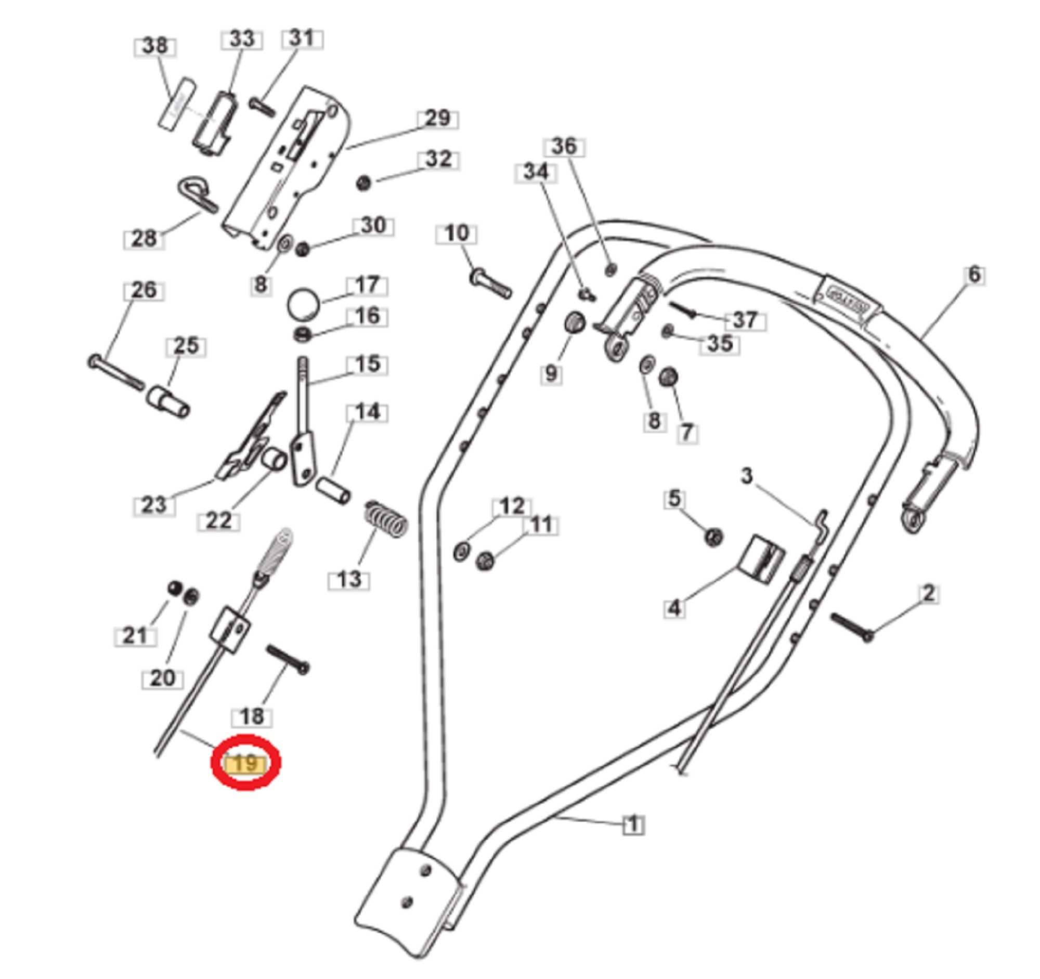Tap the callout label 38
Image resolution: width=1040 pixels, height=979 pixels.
pos(155,46)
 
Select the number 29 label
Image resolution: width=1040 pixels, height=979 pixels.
pos(438,119)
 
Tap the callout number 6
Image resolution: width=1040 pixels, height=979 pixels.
pos(973,275)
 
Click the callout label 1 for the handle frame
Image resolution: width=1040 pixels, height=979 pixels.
pos(633,825)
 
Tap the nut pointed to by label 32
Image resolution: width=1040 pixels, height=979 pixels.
pos(363,183)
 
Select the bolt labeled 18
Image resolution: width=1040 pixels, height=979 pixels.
pos(288,659)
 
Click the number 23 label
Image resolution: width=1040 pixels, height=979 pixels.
pos(154,505)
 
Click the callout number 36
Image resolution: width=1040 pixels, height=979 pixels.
pos(564,147)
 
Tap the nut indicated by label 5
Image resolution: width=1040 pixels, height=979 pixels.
pos(713,537)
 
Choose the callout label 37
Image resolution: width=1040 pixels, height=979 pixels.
pos(745,320)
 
